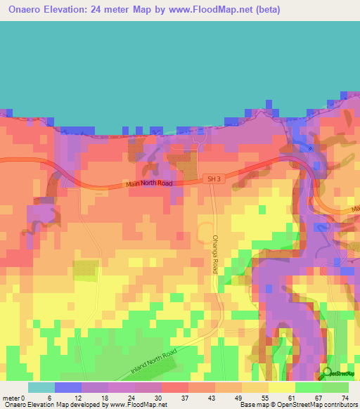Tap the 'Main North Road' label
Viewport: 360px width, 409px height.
148,184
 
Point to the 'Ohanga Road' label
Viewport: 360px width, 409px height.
216,254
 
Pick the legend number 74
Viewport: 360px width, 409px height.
345,397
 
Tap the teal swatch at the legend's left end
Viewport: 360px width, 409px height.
41,387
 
